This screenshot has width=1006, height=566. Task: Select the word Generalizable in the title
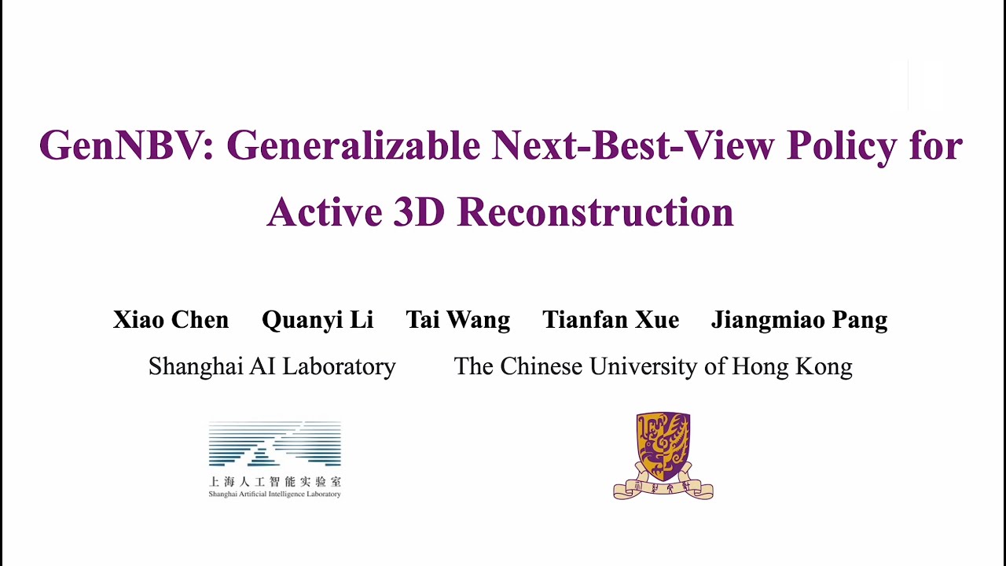(x=353, y=145)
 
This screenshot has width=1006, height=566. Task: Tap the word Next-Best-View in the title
(x=633, y=145)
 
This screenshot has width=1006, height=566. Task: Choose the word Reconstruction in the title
(x=595, y=211)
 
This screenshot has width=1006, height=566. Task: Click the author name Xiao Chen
(x=171, y=320)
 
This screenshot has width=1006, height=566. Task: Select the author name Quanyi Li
(x=318, y=320)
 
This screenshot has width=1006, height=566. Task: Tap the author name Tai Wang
(x=457, y=320)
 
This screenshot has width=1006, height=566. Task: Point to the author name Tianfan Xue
(x=611, y=320)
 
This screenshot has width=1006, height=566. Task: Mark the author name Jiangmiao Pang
(x=799, y=321)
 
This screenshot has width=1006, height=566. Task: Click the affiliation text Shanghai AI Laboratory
(x=272, y=366)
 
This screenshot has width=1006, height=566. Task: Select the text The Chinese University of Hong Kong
(x=653, y=366)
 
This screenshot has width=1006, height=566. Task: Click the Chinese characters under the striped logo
(x=274, y=481)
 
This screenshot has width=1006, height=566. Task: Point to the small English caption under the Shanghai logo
(x=274, y=494)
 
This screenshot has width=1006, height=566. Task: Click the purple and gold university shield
(x=663, y=446)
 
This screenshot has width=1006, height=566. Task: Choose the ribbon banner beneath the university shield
(x=663, y=488)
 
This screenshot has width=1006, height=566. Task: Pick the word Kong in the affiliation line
(x=828, y=367)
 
